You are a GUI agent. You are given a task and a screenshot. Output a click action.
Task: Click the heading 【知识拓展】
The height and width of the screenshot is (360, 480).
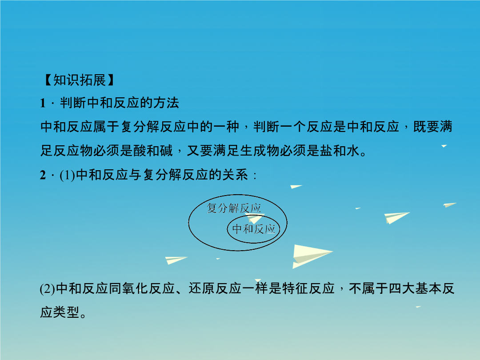point(79,80)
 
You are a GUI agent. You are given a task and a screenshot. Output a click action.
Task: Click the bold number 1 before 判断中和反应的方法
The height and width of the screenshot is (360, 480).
point(43,103)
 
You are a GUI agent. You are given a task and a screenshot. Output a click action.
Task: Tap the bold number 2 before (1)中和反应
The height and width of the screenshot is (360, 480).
point(43,175)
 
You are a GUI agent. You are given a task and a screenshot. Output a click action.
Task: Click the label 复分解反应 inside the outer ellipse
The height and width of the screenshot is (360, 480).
point(234,208)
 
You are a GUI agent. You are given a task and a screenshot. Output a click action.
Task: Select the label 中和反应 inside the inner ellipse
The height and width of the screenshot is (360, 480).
point(254,229)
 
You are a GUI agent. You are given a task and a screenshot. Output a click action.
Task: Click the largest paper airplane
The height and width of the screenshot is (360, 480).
point(312,256)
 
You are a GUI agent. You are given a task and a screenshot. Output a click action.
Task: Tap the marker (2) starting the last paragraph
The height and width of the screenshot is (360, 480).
point(48,289)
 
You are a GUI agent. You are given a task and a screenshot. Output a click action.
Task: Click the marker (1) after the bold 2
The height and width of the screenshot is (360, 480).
point(68,175)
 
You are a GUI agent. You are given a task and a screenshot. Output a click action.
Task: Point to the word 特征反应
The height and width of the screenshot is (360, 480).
point(308,289)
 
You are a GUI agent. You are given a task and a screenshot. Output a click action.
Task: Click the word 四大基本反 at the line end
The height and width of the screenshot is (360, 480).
point(421,289)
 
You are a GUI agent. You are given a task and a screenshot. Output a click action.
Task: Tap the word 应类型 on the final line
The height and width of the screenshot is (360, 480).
point(60,312)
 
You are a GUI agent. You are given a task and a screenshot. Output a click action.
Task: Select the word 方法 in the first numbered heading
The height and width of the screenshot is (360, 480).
point(166,103)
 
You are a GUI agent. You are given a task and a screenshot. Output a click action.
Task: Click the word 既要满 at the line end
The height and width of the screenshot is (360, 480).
point(433,127)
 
